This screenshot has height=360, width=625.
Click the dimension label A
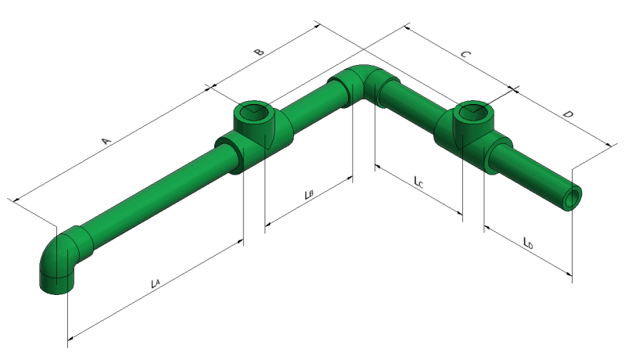(106, 141)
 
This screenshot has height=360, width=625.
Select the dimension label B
(259, 52)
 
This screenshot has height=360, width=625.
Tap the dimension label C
(466, 54)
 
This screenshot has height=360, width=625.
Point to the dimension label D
(569, 114)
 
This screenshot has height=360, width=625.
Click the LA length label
(155, 283)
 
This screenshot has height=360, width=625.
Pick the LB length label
(309, 194)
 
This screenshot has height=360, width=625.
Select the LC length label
(418, 182)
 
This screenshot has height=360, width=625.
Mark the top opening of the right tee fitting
(472, 111)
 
